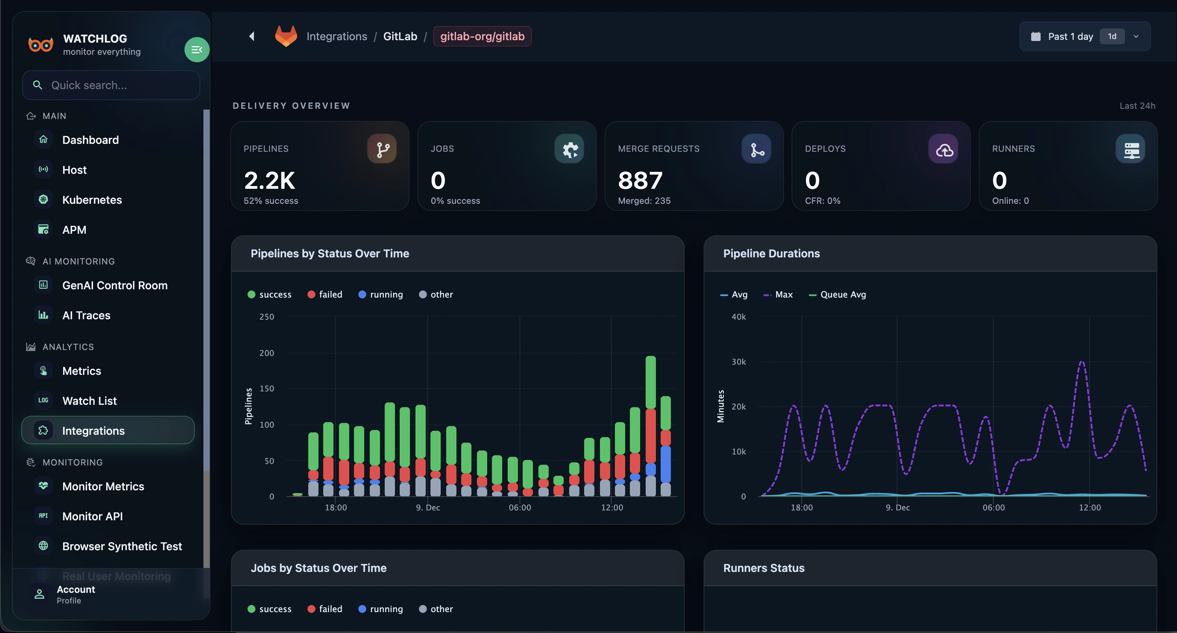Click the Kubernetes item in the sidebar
click(92, 200)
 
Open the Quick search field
click(111, 85)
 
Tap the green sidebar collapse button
click(196, 49)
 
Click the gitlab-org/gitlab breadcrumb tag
click(482, 36)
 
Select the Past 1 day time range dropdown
click(1084, 36)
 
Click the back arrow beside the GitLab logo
click(252, 36)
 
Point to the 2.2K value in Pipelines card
click(269, 180)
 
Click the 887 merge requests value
click(640, 180)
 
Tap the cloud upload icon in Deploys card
click(944, 149)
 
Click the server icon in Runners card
click(1131, 149)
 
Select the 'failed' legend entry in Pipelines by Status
click(325, 294)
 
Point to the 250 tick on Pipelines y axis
click(266, 317)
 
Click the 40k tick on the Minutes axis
click(738, 317)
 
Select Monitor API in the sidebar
click(92, 516)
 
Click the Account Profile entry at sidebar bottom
click(75, 594)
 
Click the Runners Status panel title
click(764, 568)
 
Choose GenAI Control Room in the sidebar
click(115, 285)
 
